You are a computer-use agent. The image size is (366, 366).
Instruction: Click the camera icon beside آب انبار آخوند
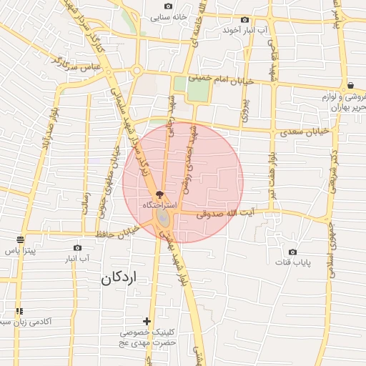click(245, 20)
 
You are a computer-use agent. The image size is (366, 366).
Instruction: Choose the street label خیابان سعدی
click(305, 132)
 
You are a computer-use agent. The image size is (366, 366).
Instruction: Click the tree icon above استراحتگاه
click(159, 194)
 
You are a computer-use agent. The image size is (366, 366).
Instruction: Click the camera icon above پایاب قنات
click(292, 252)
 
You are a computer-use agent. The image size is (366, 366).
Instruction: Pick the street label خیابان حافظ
click(122, 232)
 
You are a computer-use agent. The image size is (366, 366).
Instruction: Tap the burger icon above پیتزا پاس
click(20, 239)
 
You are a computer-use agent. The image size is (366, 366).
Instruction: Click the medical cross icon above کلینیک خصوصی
click(147, 322)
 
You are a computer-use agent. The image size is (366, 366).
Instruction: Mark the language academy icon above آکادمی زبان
click(19, 311)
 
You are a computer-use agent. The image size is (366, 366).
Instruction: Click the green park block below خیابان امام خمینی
click(193, 91)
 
